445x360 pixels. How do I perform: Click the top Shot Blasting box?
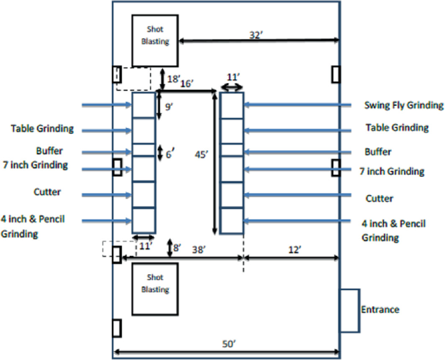coord(155,40)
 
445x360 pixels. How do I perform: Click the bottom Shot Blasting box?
coord(155,287)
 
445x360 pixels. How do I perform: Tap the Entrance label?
coord(380,309)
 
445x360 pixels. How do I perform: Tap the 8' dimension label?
coord(175,246)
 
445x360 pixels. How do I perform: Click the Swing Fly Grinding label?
coord(403,105)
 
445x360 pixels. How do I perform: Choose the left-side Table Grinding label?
coord(42,129)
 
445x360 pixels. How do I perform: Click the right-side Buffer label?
coord(378,151)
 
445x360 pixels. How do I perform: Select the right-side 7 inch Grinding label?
coord(392,172)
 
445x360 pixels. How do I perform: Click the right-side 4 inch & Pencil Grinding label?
coord(392,230)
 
